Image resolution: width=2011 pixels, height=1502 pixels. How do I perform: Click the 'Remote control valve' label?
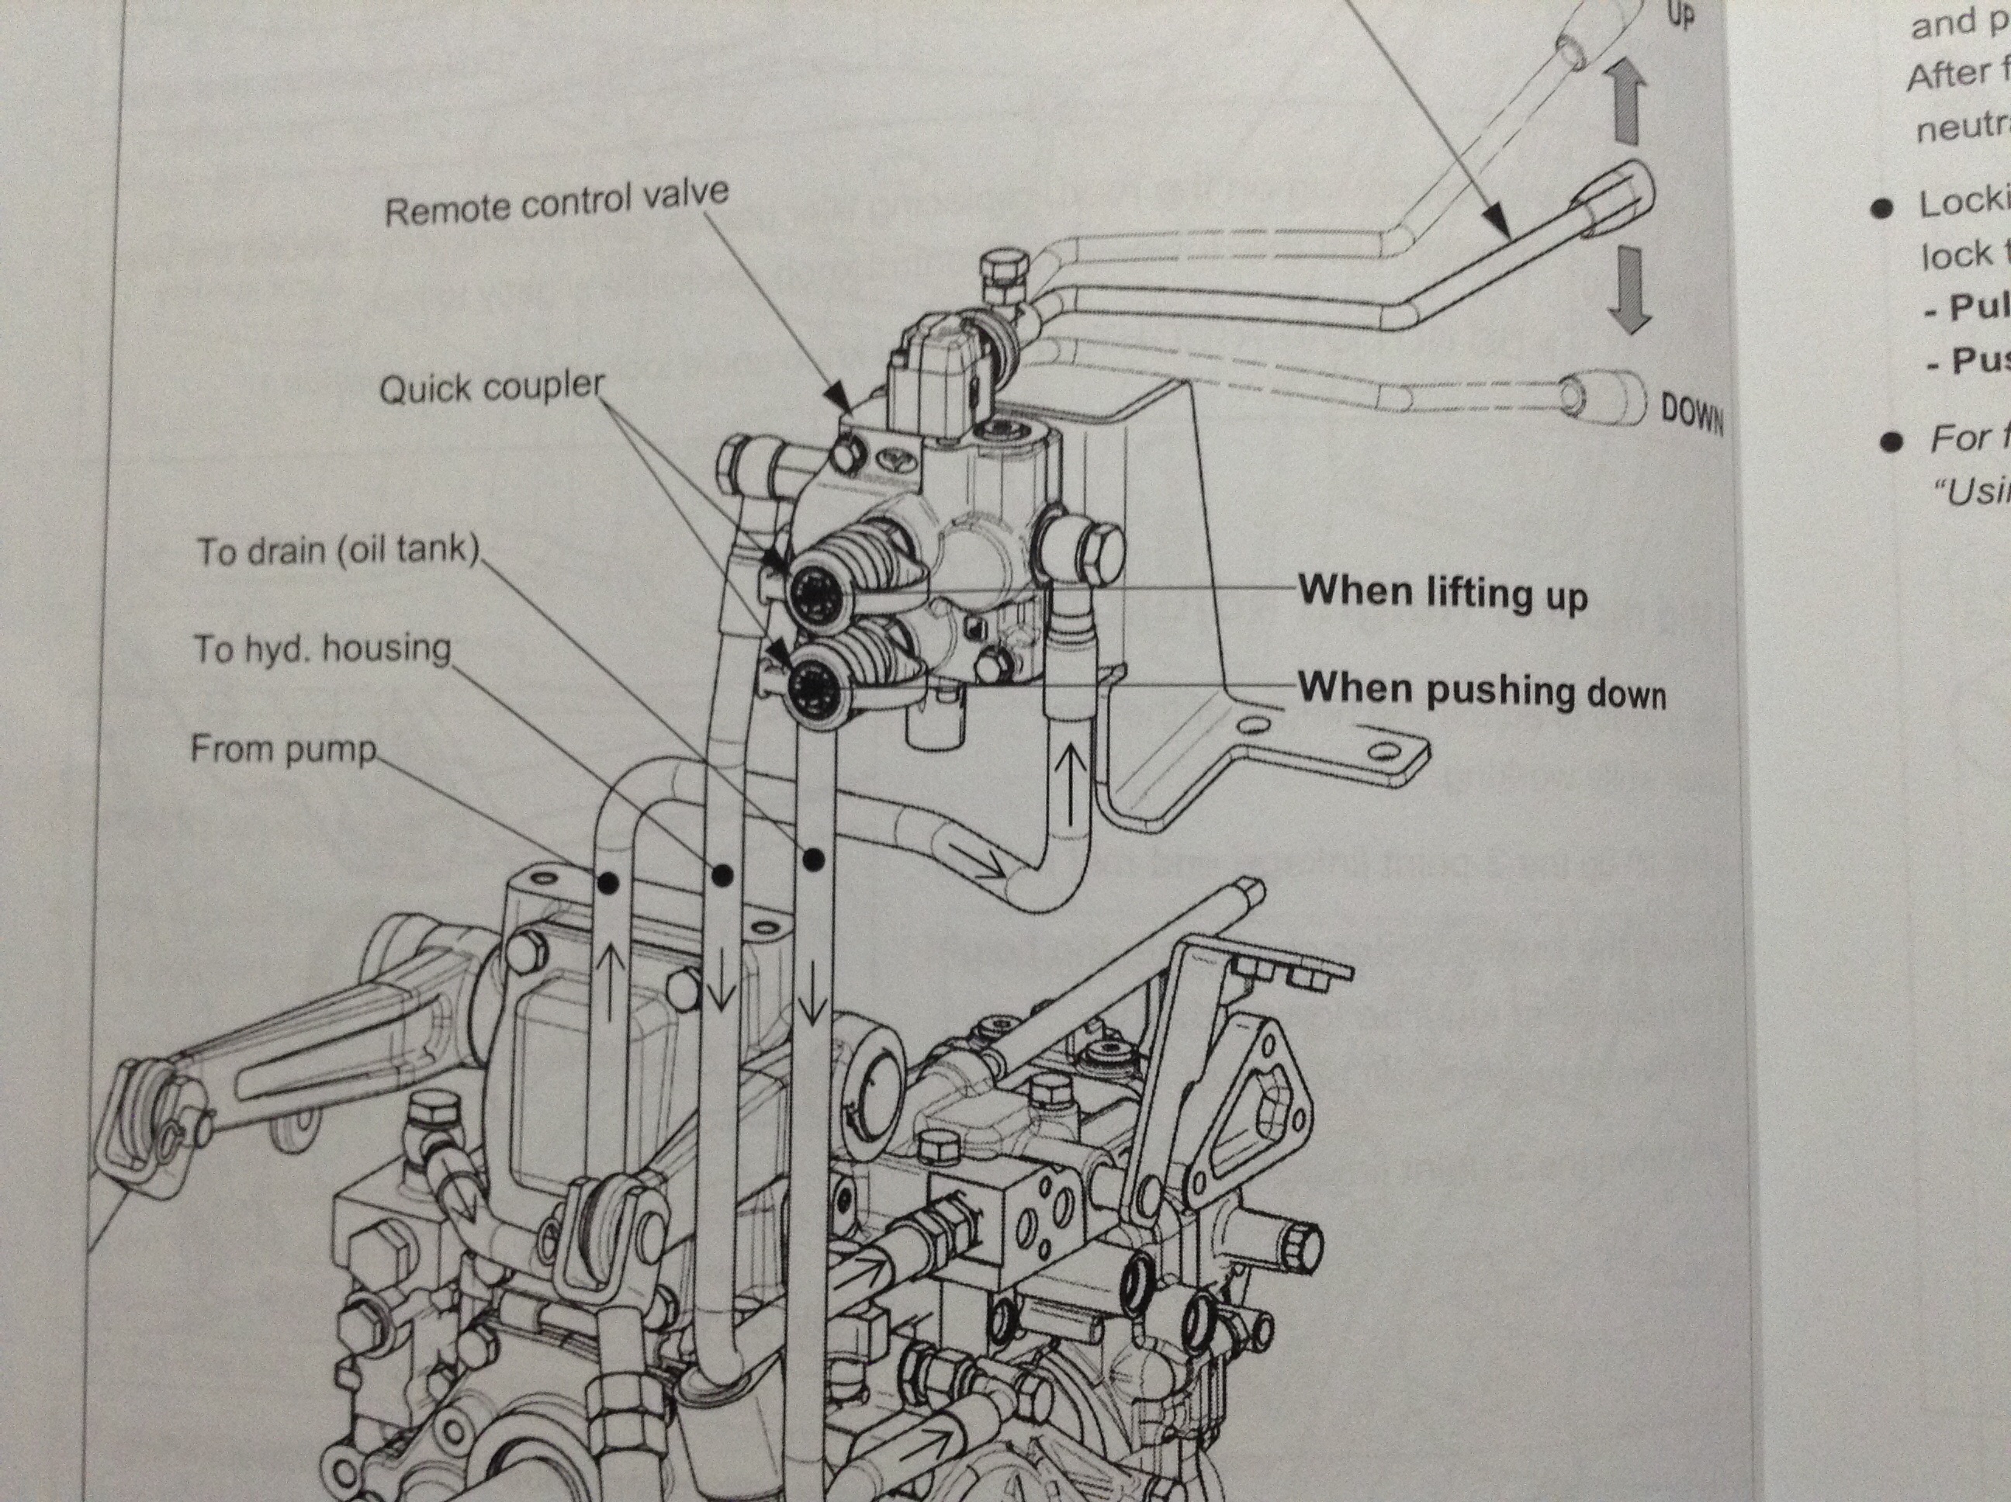(556, 202)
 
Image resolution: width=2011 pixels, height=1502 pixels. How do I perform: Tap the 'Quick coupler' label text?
(491, 389)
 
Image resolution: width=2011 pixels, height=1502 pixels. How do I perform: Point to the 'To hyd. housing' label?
(322, 649)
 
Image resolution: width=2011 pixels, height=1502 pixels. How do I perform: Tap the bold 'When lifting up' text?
(1442, 593)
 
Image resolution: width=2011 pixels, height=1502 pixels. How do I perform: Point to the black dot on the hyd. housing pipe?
(721, 874)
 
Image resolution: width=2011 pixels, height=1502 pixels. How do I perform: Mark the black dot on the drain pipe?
(814, 857)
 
